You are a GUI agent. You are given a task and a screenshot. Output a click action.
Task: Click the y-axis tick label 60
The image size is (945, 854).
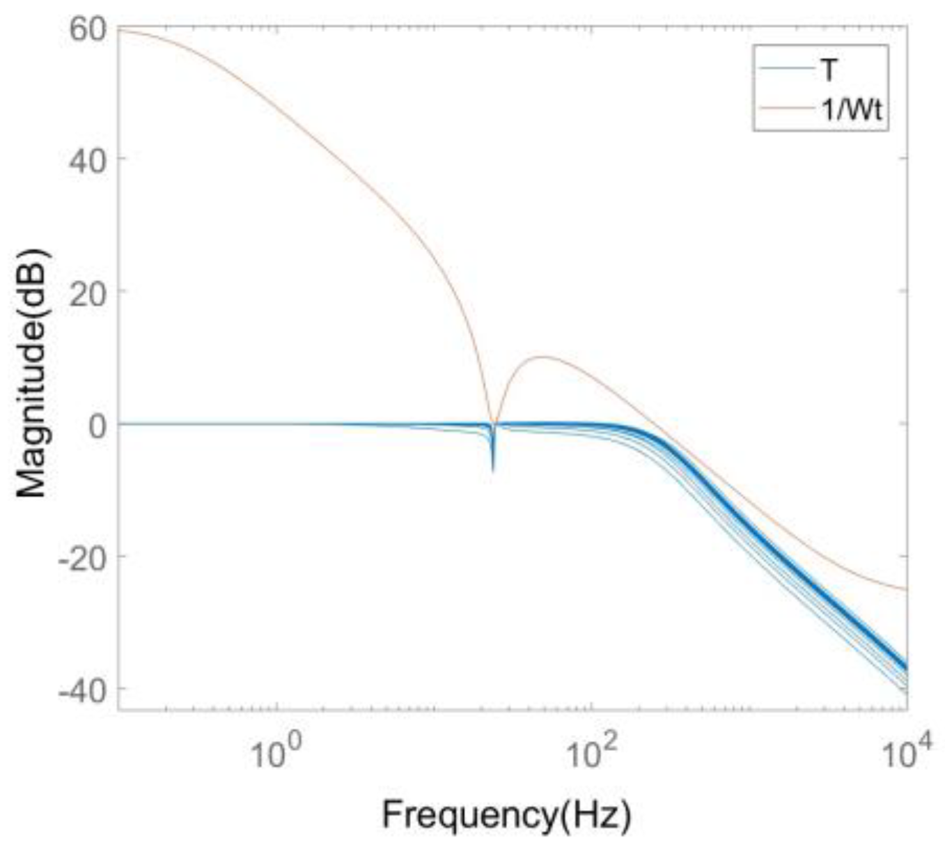tap(88, 29)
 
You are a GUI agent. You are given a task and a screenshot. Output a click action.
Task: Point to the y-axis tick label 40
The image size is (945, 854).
tap(88, 160)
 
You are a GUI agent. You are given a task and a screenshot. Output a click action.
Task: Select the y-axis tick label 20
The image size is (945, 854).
tap(88, 291)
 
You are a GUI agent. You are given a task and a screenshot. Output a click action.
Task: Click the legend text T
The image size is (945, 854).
tap(830, 70)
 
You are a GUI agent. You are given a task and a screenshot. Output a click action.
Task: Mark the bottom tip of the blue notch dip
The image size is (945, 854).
tap(493, 471)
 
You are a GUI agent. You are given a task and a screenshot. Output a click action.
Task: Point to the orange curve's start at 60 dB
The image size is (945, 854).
tap(119, 29)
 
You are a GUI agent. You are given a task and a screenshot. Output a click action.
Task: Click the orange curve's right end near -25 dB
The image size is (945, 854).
tap(906, 589)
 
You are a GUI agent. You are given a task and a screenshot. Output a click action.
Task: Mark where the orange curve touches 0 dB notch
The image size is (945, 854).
tap(493, 423)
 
